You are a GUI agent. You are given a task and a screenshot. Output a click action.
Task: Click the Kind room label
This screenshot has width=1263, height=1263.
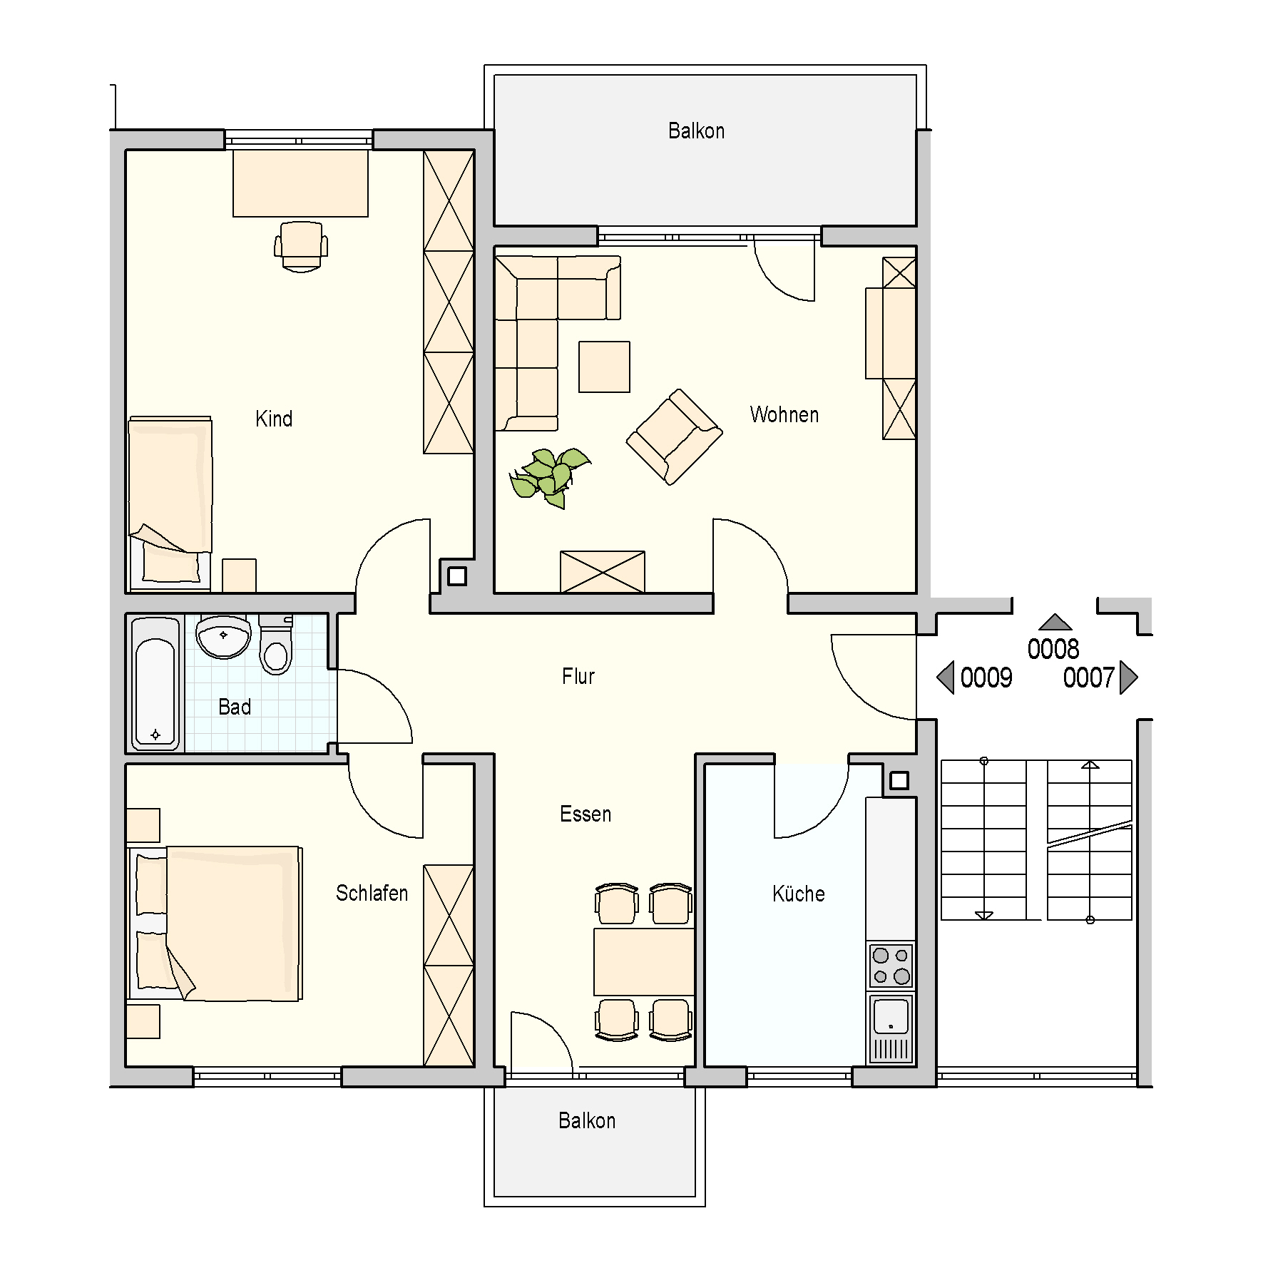pyautogui.click(x=274, y=419)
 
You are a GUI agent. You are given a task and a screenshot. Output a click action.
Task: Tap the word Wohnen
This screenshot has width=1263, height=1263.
pyautogui.click(x=784, y=414)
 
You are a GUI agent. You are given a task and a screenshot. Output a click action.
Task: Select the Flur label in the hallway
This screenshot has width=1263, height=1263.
pyautogui.click(x=578, y=676)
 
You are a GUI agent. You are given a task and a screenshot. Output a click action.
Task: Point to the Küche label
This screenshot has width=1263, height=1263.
pyautogui.click(x=799, y=893)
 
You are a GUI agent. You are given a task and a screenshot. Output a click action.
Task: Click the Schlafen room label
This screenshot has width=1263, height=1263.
pyautogui.click(x=372, y=893)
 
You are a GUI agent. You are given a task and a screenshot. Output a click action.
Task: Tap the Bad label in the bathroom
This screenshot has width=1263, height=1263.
pyautogui.click(x=235, y=707)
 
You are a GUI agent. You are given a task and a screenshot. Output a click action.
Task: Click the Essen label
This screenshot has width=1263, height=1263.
pyautogui.click(x=586, y=814)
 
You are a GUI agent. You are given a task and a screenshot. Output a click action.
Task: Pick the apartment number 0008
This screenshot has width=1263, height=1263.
pyautogui.click(x=1053, y=649)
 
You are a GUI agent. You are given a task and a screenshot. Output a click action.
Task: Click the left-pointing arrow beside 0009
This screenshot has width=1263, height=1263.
pyautogui.click(x=945, y=677)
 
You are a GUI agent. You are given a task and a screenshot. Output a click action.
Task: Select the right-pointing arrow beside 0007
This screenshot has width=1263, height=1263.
pyautogui.click(x=1128, y=677)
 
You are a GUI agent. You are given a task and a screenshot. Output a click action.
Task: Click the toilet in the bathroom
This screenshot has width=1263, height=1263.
pyautogui.click(x=276, y=645)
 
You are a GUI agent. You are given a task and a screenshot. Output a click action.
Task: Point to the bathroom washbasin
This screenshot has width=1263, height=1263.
pyautogui.click(x=223, y=637)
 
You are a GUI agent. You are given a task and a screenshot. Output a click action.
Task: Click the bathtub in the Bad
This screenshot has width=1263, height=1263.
pyautogui.click(x=155, y=683)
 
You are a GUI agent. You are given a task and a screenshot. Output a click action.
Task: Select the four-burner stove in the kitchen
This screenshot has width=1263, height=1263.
pyautogui.click(x=891, y=966)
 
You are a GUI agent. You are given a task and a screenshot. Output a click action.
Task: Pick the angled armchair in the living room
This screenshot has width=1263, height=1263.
pyautogui.click(x=674, y=436)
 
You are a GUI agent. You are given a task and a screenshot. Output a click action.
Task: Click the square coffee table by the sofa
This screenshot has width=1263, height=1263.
pyautogui.click(x=604, y=367)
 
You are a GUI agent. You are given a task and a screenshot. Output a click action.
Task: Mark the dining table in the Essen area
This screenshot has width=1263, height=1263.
pyautogui.click(x=644, y=961)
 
